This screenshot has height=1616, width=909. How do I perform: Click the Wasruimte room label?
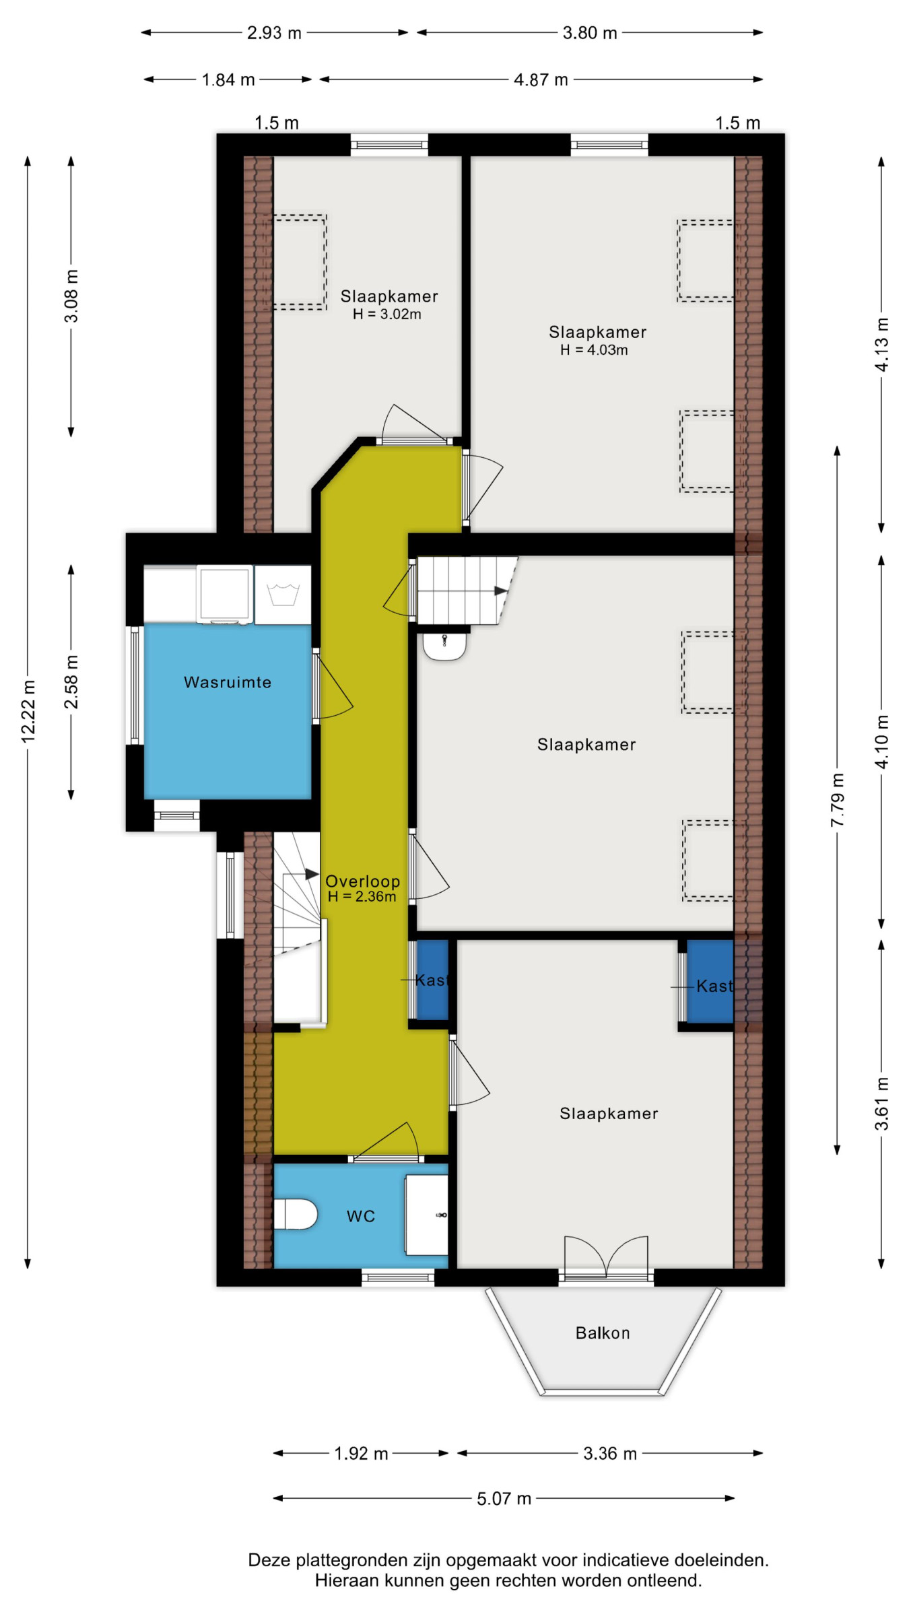(228, 682)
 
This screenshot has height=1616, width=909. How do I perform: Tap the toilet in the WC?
(295, 1214)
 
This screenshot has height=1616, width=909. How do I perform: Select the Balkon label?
(603, 1333)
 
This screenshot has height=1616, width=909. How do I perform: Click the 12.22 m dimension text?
(28, 712)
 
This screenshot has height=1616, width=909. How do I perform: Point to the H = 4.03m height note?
(594, 350)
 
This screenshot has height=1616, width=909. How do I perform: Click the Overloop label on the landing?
(362, 881)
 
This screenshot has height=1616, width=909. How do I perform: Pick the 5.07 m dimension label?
(504, 1498)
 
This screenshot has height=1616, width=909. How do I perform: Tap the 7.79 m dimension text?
(837, 801)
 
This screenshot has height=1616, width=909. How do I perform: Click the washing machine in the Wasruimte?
(225, 595)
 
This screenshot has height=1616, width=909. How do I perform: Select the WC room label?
(361, 1216)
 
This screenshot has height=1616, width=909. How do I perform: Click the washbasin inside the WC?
(426, 1215)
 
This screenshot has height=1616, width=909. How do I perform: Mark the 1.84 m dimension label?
(228, 79)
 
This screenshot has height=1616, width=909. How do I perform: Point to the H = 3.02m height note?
(387, 314)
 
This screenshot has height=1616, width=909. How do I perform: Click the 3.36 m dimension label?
(610, 1453)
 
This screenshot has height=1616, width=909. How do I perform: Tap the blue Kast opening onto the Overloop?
(432, 980)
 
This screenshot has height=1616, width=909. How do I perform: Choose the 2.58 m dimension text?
(71, 681)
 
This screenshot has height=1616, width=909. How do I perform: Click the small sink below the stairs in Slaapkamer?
(444, 644)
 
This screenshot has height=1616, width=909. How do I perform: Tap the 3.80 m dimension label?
(590, 33)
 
